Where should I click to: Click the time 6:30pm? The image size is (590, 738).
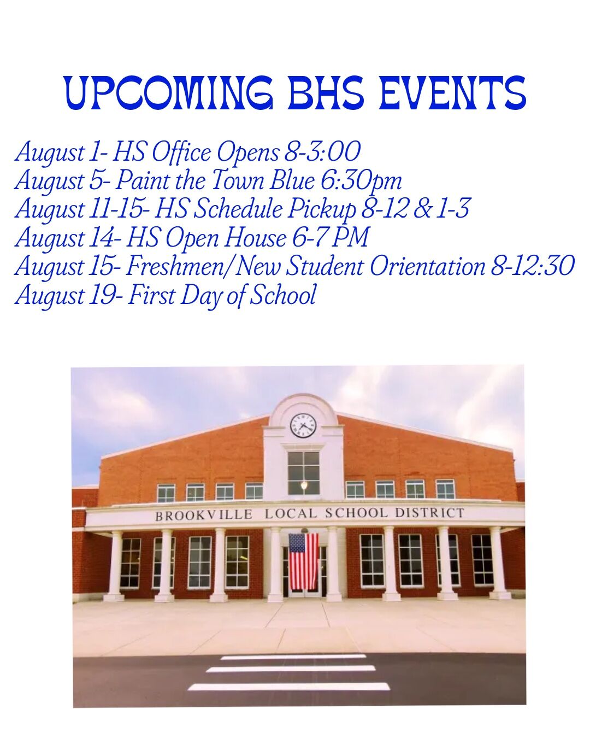[x=361, y=181]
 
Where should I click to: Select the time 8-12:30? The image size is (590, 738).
[x=532, y=266]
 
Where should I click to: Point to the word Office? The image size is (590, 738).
[x=181, y=153]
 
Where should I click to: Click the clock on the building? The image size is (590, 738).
[x=303, y=426]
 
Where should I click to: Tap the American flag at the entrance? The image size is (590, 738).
[x=303, y=561]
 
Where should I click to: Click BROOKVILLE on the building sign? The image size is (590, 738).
[x=204, y=516]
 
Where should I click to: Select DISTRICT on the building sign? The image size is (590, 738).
[x=429, y=513]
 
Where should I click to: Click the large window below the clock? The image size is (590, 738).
[x=303, y=473]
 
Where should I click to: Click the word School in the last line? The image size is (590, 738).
[x=282, y=295]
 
